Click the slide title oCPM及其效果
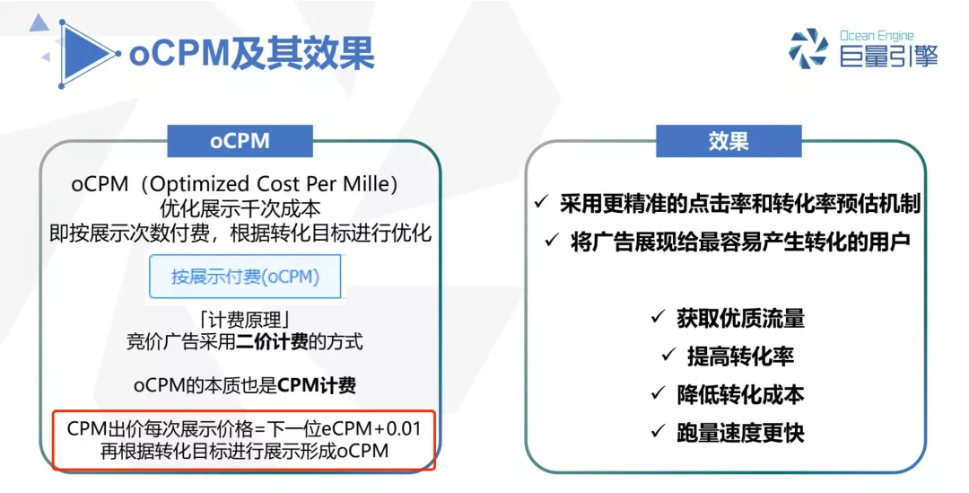coord(251,54)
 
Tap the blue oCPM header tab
coord(240,141)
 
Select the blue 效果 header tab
coord(728,141)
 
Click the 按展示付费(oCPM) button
coord(245,277)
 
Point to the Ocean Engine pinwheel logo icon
coord(808,48)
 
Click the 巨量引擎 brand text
coord(888,57)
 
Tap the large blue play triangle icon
coord(86,54)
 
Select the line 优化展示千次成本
coord(240,208)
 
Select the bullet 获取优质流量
coord(740,318)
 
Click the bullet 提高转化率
coord(740,356)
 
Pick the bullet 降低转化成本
coord(740,394)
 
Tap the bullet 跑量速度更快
coord(740,433)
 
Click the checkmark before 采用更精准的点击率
coord(540,203)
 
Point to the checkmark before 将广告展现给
coord(551,241)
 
